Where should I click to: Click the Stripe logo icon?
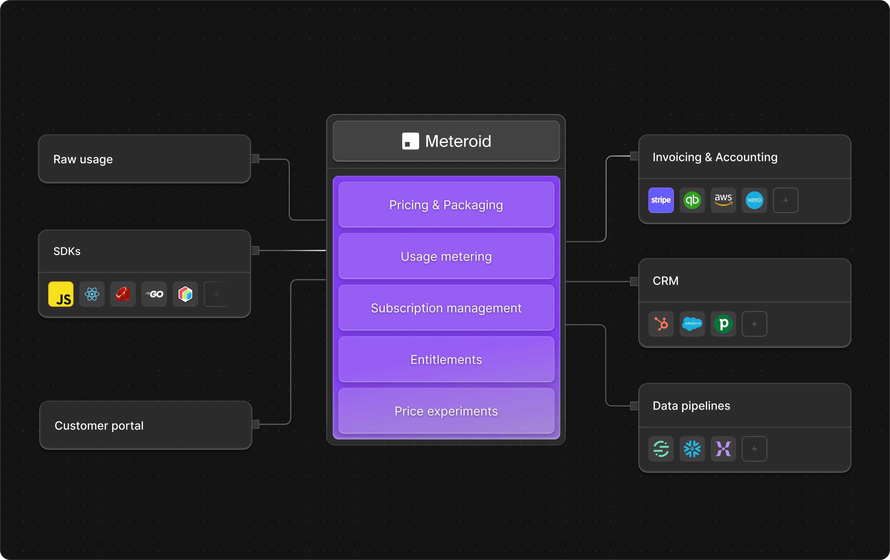click(x=661, y=200)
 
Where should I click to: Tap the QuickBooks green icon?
click(x=692, y=200)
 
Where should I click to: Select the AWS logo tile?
click(x=723, y=200)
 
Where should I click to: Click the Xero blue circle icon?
click(x=754, y=200)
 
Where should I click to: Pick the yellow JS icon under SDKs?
click(x=61, y=294)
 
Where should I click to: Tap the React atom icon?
click(x=92, y=294)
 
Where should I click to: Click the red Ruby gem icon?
click(x=123, y=294)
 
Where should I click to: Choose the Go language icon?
click(x=154, y=294)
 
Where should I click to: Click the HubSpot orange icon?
click(x=661, y=324)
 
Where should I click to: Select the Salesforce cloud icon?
click(x=692, y=324)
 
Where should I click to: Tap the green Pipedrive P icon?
click(x=723, y=324)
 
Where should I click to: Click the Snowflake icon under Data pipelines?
click(x=692, y=449)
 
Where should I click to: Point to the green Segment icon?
click(x=661, y=449)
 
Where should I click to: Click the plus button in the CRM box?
click(x=754, y=324)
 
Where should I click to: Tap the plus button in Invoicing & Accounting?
click(x=785, y=200)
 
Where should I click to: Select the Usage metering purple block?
click(x=446, y=256)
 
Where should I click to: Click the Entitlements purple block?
click(x=446, y=360)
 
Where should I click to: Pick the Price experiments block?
click(x=446, y=411)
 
